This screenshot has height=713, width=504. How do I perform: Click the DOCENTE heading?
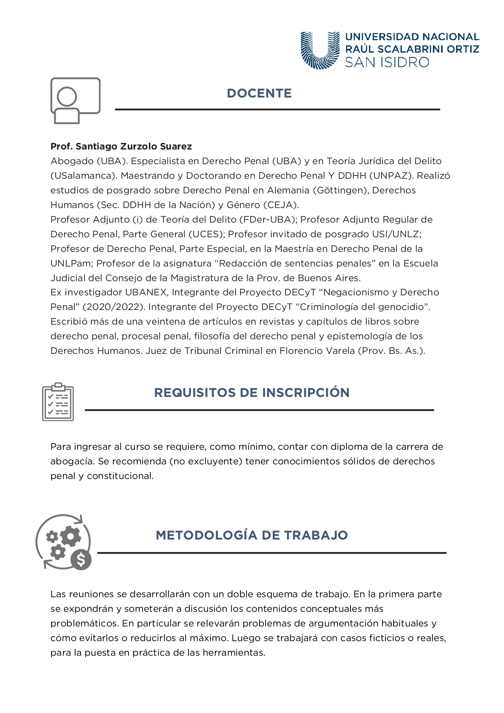tap(259, 93)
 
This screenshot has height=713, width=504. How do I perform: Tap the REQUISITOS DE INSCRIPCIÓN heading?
tap(252, 392)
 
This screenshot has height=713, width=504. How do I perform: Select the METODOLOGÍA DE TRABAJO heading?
tap(252, 535)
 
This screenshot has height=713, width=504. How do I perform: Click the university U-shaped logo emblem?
tap(320, 50)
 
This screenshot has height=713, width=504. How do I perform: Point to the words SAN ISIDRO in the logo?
tap(387, 63)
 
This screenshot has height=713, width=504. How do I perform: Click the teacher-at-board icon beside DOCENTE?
tap(75, 100)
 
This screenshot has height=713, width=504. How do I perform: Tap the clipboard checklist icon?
tap(58, 402)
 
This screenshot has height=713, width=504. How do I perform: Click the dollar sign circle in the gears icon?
tap(81, 560)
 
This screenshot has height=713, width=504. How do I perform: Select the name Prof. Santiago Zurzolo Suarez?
tap(121, 146)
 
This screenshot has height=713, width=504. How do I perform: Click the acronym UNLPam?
tap(71, 263)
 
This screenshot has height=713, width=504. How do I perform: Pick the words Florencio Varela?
tap(317, 351)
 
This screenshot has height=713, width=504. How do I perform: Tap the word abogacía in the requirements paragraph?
tap(71, 461)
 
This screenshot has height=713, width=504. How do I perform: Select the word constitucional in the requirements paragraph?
tap(120, 476)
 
